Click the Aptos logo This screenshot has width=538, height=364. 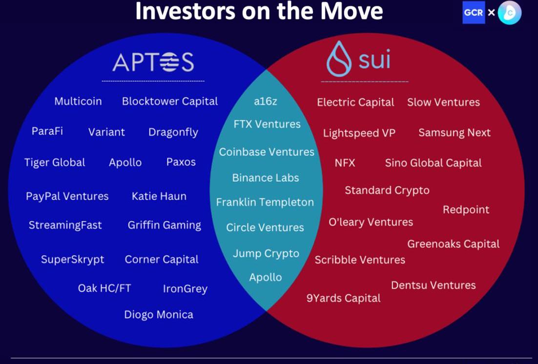(x=153, y=62)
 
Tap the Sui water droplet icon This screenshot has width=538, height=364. (x=339, y=59)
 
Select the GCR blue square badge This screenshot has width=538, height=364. (x=474, y=13)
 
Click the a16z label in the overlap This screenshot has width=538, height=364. (x=265, y=101)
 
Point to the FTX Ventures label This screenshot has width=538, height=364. (x=267, y=124)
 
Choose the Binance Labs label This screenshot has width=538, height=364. (x=265, y=178)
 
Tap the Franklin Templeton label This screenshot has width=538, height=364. (x=265, y=202)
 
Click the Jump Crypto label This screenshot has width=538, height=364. (x=266, y=254)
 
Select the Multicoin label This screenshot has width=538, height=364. (x=78, y=101)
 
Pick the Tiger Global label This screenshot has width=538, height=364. (x=55, y=162)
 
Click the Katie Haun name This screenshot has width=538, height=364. (x=159, y=196)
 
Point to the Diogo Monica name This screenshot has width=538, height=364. (x=159, y=315)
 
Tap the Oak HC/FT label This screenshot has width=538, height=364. (x=104, y=288)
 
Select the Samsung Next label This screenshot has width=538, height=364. (x=455, y=133)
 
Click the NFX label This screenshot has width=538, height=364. (x=345, y=162)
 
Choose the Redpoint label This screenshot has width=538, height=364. (x=466, y=210)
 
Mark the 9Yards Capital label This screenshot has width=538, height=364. (x=344, y=298)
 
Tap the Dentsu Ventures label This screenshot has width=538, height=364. (x=434, y=285)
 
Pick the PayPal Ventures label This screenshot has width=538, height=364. (x=67, y=196)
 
